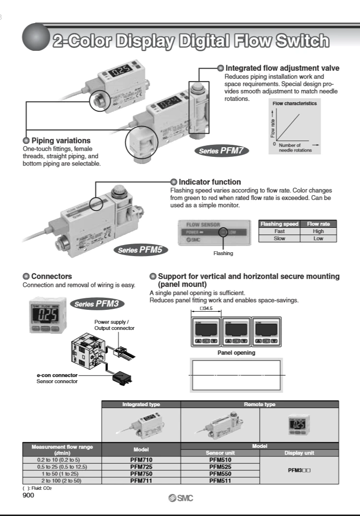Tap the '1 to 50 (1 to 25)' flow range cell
point(62,473)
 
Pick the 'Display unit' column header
point(299,453)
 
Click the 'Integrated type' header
point(141,404)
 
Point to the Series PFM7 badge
point(221,151)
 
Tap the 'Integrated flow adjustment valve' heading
point(282,69)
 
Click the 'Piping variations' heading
point(60,141)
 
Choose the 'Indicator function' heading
point(210,182)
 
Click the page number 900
point(29,495)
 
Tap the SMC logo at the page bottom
point(180,498)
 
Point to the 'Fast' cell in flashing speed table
point(279,231)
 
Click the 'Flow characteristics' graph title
point(294,103)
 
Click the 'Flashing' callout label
point(223,253)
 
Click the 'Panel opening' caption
point(237,352)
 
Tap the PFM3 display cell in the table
point(299,470)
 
